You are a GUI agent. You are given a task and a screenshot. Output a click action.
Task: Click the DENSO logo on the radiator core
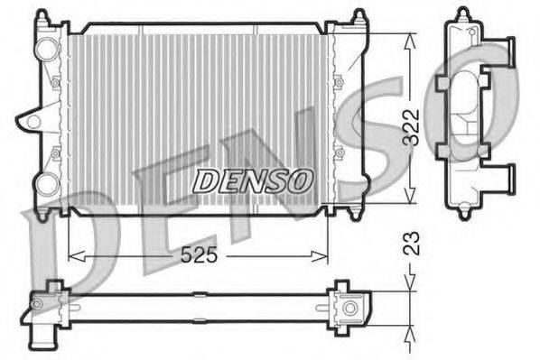point(253,178)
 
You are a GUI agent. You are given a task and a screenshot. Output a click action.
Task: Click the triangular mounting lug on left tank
point(33,119)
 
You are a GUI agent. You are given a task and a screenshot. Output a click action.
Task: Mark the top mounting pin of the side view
point(463,14)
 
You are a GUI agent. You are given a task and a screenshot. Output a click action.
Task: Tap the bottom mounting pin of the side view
point(463,213)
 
